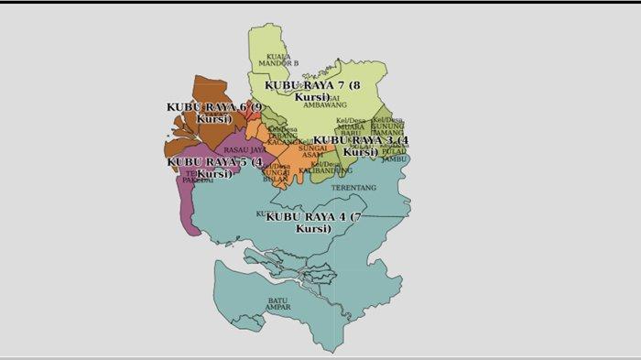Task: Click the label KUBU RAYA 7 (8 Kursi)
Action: [x=312, y=90]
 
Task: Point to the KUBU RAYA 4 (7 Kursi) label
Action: [x=314, y=222]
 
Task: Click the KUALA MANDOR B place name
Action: [x=277, y=60]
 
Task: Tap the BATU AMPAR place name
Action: [x=279, y=303]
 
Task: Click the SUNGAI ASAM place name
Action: [x=313, y=151]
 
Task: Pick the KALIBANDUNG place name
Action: [x=325, y=170]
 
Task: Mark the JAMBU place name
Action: [x=394, y=158]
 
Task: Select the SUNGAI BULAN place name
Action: [x=276, y=175]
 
